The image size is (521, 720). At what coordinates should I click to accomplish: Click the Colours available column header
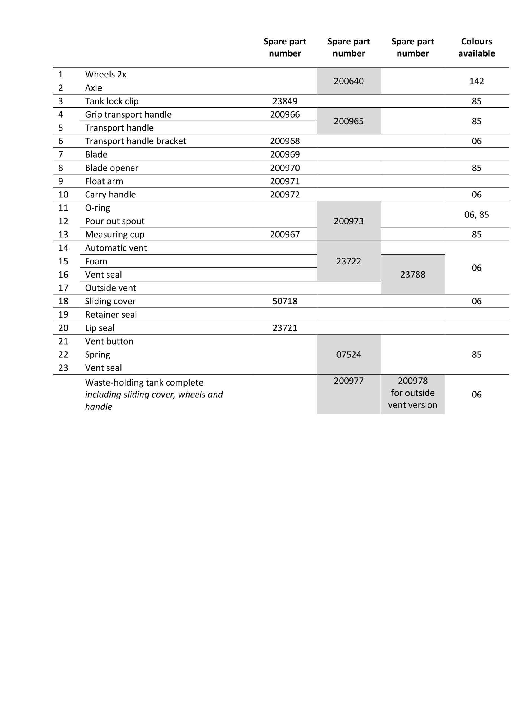tap(476, 47)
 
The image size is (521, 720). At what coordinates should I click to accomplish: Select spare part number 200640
tap(348, 81)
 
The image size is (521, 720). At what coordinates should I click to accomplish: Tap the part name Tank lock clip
tap(111, 101)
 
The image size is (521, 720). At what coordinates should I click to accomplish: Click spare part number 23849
tap(284, 101)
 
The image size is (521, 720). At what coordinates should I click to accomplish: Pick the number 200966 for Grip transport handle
tap(284, 114)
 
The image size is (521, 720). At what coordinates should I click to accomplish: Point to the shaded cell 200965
tap(348, 121)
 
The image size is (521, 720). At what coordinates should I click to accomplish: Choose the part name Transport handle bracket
tap(135, 141)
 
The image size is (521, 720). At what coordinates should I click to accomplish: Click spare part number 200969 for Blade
tap(284, 154)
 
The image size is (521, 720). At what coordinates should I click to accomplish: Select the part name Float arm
tap(104, 181)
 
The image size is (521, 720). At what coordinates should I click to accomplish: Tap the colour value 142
tap(476, 81)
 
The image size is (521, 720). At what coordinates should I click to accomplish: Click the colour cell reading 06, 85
tap(476, 215)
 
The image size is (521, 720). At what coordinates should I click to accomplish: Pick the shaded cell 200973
tap(348, 221)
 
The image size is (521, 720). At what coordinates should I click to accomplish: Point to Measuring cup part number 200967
tap(284, 234)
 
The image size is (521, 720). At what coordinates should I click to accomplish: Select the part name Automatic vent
tap(116, 247)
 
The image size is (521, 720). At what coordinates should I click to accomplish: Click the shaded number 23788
tap(412, 274)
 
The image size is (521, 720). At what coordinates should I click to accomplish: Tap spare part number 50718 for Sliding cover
tap(284, 301)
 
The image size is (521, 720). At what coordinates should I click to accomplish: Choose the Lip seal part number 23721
tap(284, 328)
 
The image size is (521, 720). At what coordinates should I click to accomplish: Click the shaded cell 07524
tap(348, 354)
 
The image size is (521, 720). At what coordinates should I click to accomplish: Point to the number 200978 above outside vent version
tap(412, 380)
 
